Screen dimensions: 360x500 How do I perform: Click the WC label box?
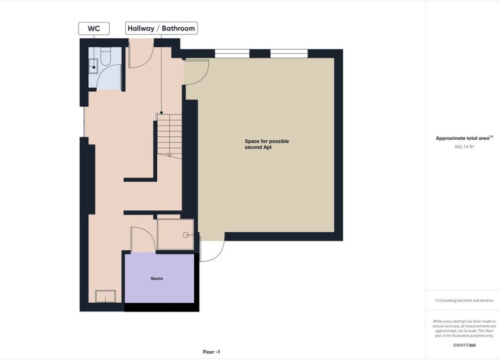94,28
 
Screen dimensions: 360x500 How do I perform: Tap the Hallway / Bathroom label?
161,28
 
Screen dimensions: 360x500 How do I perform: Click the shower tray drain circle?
186,235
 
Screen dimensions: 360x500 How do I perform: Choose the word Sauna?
157,279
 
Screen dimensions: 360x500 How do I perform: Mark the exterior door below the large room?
212,250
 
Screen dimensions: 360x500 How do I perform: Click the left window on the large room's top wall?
232,54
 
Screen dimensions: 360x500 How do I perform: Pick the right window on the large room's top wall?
288,54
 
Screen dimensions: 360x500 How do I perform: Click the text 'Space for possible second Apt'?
266,144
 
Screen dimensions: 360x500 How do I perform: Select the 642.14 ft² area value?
464,147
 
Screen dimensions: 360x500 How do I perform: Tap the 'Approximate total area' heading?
464,138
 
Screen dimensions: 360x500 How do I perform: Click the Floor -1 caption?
212,352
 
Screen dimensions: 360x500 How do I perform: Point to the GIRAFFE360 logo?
464,345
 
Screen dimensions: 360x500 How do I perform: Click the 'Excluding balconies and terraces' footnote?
464,300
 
